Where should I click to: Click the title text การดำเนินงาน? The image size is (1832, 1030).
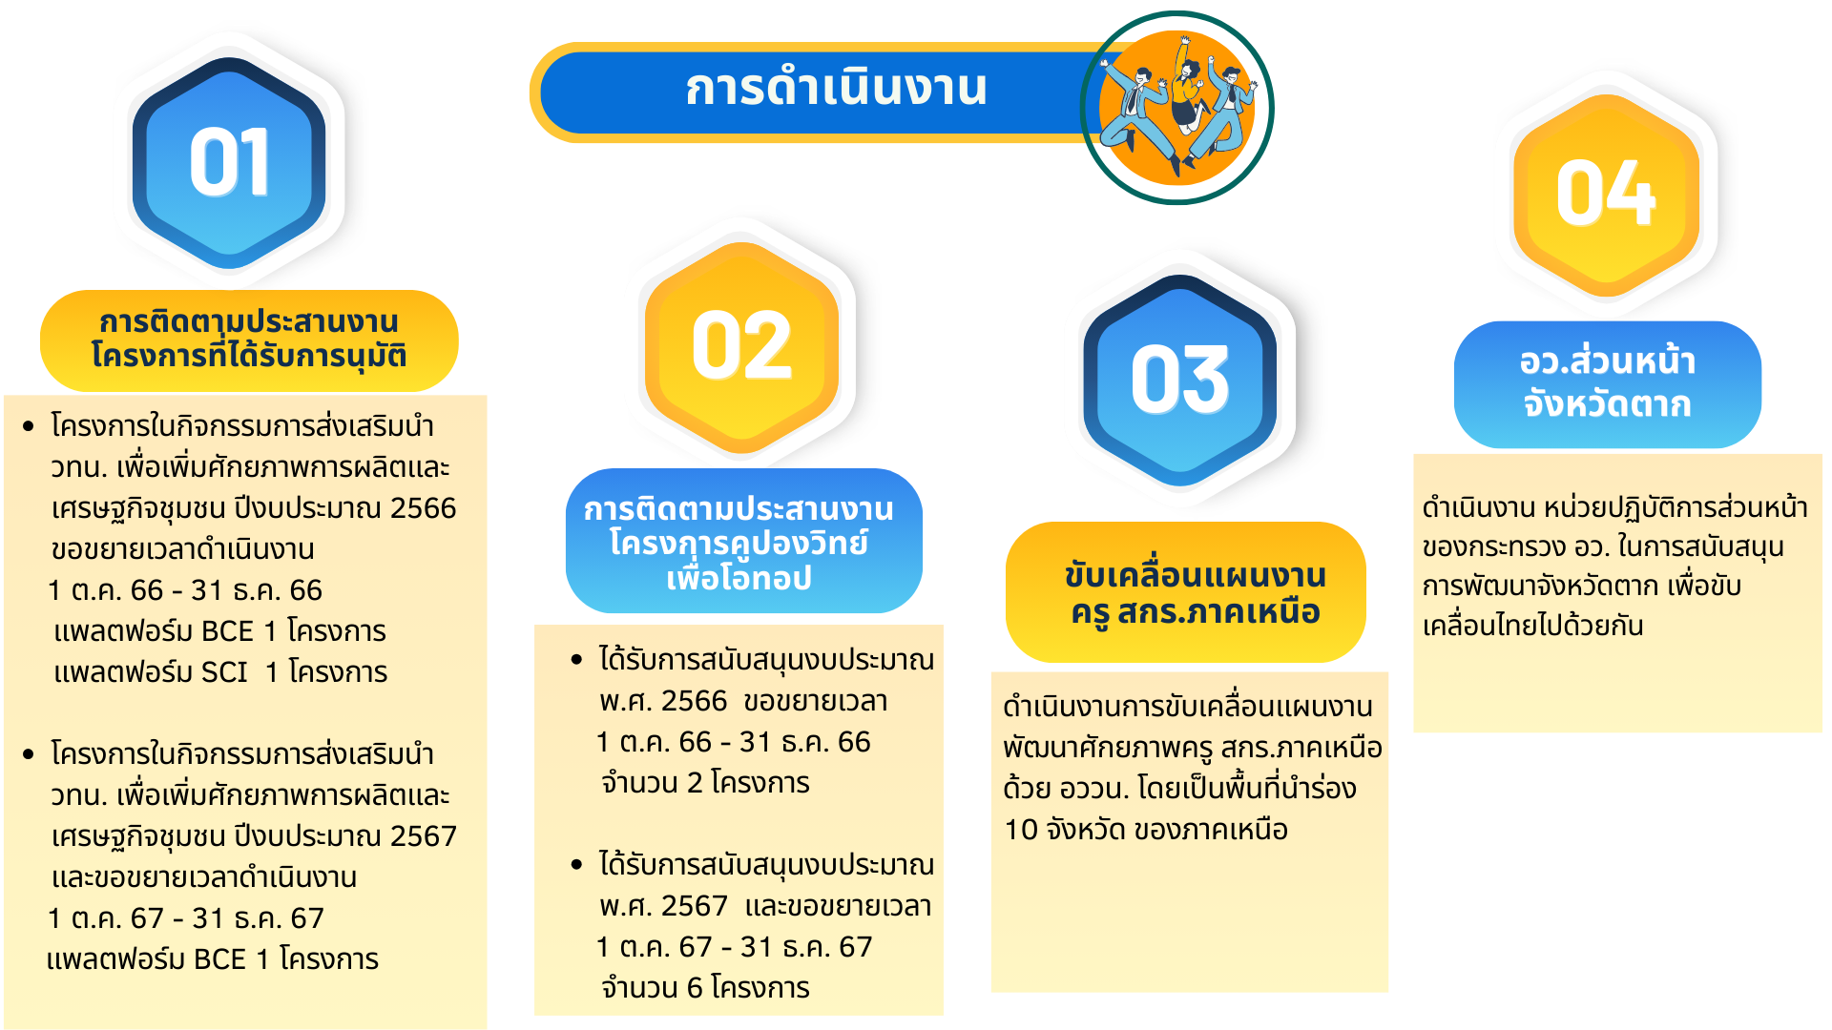[836, 88]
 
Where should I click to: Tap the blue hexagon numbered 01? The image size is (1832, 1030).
[229, 162]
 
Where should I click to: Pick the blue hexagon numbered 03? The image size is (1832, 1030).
[1179, 380]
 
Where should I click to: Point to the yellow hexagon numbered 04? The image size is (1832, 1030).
[1607, 195]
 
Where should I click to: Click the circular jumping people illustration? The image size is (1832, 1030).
[1177, 108]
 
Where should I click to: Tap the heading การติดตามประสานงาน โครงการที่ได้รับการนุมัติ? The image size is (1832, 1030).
[249, 340]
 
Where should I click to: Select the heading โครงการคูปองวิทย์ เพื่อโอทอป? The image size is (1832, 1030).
[739, 560]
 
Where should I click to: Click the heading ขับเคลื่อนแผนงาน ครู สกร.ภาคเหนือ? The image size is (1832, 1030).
[1196, 593]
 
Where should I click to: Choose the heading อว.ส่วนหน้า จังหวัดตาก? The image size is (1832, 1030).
[1608, 383]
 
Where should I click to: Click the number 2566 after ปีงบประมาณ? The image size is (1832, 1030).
[423, 508]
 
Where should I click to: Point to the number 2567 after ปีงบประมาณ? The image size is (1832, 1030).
[424, 836]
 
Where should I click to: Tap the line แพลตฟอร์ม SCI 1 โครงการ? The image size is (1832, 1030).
[220, 672]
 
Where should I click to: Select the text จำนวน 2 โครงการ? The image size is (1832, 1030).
[705, 783]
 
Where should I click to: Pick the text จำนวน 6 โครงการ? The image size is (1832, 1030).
[705, 988]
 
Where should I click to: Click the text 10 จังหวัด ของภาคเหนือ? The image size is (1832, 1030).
[1146, 830]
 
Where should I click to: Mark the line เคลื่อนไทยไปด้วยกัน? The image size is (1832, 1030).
[1532, 626]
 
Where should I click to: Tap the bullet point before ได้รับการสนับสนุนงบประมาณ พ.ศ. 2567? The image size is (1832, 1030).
[576, 865]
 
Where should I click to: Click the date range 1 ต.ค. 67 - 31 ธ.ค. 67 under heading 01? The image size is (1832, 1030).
[186, 918]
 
